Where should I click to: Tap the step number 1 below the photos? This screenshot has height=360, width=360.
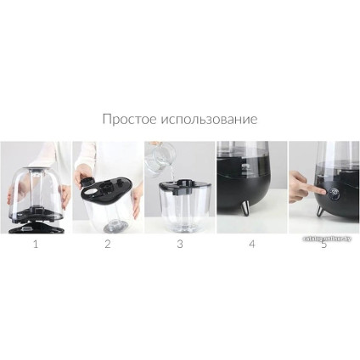click(35, 245)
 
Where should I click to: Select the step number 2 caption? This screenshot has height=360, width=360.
click(107, 245)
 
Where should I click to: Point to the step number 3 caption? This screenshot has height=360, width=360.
click(179, 245)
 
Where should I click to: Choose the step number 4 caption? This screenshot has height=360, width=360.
click(251, 245)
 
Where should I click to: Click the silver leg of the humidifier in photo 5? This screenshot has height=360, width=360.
click(320, 211)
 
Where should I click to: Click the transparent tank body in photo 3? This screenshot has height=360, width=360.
click(180, 208)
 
